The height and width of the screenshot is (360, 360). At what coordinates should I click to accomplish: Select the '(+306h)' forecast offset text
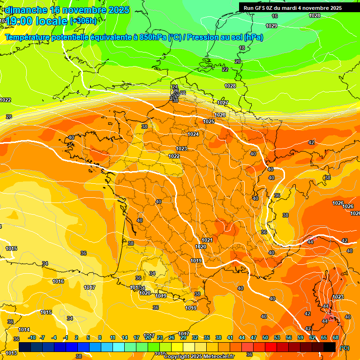coord(83,21)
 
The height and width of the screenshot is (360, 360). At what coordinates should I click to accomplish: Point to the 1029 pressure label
coord(271,26)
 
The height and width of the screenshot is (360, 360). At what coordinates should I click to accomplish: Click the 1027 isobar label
coord(223,103)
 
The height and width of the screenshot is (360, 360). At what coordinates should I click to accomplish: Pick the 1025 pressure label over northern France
coord(209,121)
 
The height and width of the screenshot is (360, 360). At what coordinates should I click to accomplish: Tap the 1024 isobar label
coord(193,134)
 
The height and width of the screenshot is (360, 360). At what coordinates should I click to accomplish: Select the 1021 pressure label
coord(207,240)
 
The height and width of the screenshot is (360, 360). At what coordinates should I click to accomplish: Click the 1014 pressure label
coord(24,330)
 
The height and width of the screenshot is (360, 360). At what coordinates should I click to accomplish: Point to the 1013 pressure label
coord(12,353)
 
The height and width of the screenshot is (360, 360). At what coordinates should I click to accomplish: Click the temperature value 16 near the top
coord(275,16)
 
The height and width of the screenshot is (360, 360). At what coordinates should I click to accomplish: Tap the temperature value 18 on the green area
coord(242,48)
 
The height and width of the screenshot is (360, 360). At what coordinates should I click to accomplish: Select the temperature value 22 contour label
coord(225,69)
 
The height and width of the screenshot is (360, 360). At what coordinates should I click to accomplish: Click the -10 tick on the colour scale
coord(32,337)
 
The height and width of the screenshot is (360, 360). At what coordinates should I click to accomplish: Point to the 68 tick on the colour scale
coord(336,337)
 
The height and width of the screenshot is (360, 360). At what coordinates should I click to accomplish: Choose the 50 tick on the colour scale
coord(265,337)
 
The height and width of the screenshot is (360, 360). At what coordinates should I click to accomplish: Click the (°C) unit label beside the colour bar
coord(345,347)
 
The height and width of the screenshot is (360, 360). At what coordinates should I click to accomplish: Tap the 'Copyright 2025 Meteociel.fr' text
coord(199,356)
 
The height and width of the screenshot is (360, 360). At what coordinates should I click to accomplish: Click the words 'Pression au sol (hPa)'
coord(225,37)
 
